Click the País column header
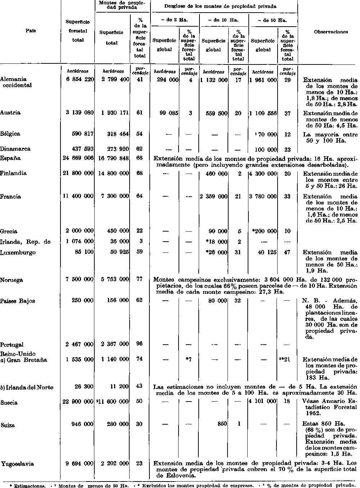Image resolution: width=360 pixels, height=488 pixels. click(x=30, y=31)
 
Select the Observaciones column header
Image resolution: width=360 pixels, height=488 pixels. click(x=330, y=32)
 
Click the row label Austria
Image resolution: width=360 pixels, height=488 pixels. click(x=10, y=113)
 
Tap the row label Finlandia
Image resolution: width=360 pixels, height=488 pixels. click(x=13, y=173)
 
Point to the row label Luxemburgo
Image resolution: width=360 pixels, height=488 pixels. click(x=18, y=252)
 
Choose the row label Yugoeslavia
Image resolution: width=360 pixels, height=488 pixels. click(x=18, y=464)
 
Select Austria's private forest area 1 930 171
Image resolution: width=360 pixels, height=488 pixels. click(x=115, y=113)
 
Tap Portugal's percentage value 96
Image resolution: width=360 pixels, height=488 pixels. click(x=139, y=344)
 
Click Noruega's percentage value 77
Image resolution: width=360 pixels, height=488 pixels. click(x=139, y=280)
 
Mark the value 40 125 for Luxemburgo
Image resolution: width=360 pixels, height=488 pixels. click(x=267, y=252)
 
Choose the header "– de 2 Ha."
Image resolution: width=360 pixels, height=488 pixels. click(x=174, y=21)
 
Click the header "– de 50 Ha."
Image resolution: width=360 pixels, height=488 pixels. click(x=273, y=21)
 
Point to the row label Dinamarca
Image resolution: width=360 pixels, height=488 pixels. click(x=15, y=149)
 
